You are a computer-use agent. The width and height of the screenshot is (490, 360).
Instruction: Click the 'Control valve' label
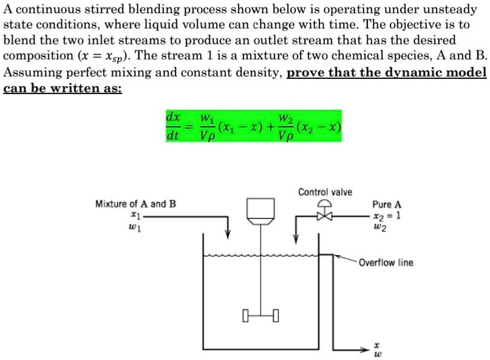(325, 192)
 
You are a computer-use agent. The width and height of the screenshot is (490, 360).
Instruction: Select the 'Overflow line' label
(386, 263)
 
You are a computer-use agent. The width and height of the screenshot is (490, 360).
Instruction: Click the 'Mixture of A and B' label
(136, 203)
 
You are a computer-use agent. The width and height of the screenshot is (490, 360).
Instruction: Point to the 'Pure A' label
(387, 205)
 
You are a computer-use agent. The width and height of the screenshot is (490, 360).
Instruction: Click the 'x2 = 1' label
(387, 216)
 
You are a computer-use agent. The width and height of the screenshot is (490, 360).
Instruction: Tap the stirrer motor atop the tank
(260, 209)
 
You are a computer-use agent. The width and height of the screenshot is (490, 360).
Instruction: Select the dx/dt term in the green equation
(172, 126)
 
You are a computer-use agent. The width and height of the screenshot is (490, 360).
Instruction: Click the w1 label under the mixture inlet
(134, 227)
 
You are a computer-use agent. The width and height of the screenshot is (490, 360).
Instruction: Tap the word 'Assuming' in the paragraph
(28, 73)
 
